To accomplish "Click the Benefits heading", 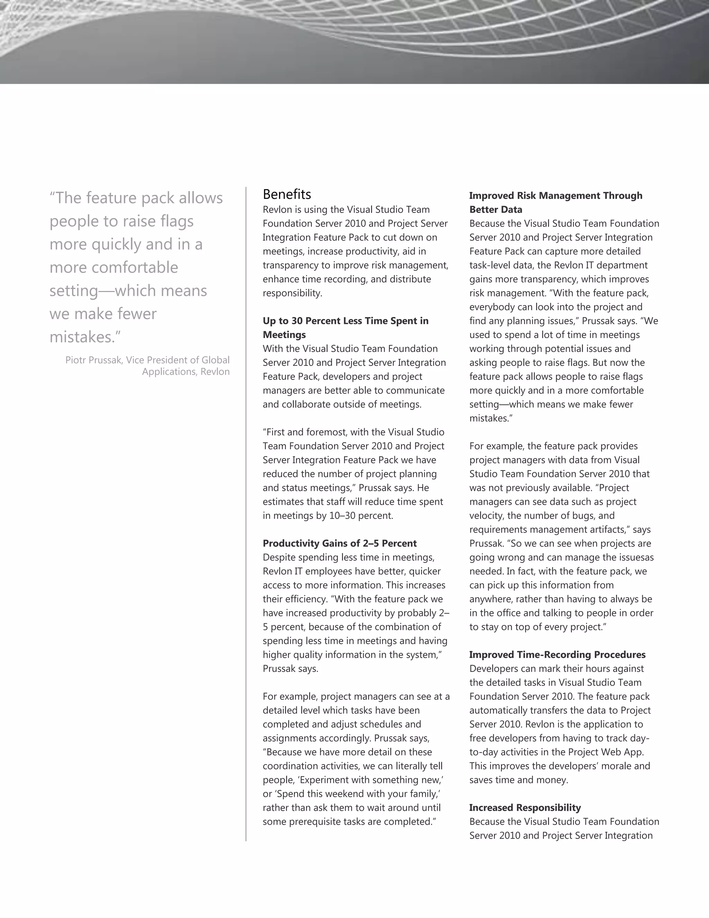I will (x=287, y=194).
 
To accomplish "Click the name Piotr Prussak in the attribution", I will (x=94, y=360).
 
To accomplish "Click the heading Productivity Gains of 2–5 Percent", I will (x=339, y=543).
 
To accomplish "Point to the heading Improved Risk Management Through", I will (x=555, y=195).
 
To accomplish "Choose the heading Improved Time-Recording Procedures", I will (x=557, y=654).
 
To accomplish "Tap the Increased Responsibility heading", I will (x=524, y=807).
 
